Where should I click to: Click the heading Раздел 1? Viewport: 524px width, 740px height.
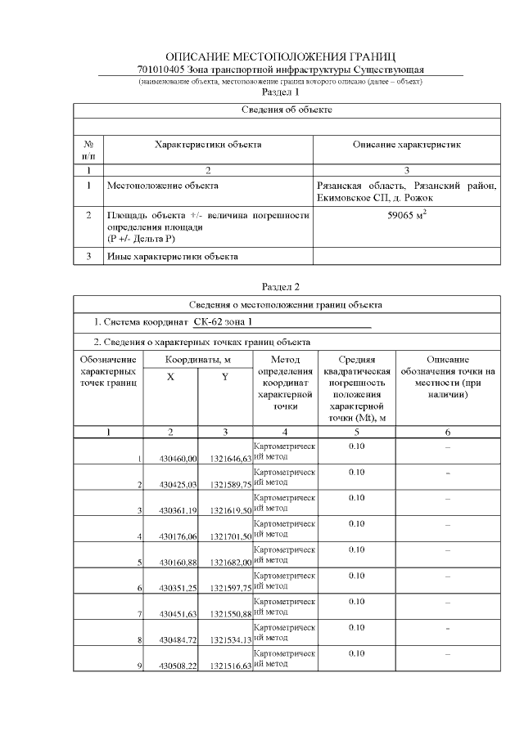(x=281, y=92)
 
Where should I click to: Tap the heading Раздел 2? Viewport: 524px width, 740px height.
(x=281, y=287)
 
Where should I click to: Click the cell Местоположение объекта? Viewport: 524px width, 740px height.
(x=163, y=186)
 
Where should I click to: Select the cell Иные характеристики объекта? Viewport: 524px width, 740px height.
(x=173, y=257)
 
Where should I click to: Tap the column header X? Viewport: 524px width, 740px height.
(x=170, y=377)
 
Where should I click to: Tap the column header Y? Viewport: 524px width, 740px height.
(x=225, y=377)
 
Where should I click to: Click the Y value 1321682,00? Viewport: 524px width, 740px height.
(x=230, y=563)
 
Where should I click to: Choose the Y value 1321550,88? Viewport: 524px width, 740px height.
(x=230, y=614)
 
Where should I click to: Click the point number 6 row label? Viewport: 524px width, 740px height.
(x=141, y=589)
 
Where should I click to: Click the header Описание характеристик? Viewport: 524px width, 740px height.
(x=406, y=145)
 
